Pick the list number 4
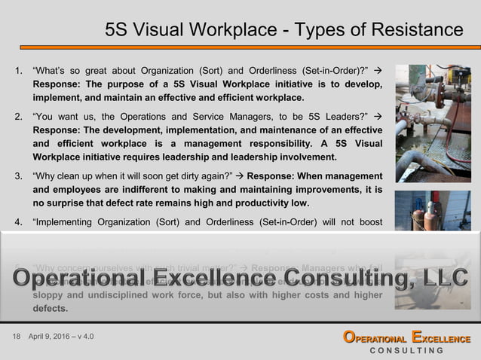point(18,222)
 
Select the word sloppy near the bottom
point(51,294)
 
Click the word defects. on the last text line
point(51,308)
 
